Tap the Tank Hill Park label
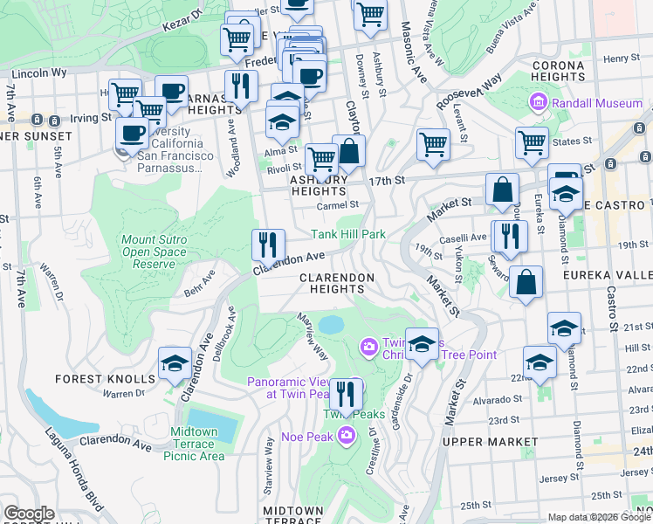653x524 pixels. (x=348, y=234)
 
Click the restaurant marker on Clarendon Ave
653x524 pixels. (x=268, y=244)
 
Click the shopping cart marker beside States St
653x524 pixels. (x=532, y=143)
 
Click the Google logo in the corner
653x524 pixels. (x=29, y=514)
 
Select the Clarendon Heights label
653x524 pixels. (x=337, y=278)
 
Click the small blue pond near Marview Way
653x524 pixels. (x=332, y=325)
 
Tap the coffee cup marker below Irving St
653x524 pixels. (x=132, y=134)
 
